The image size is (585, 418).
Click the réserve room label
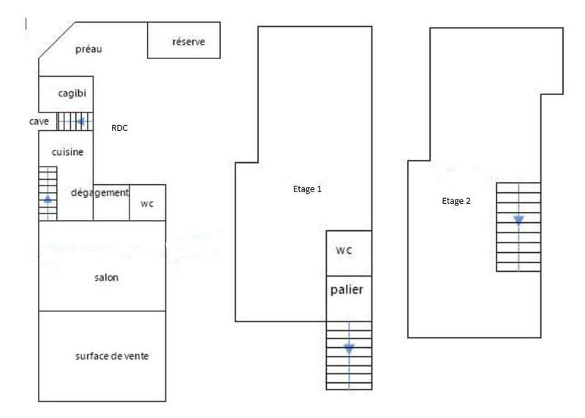188,42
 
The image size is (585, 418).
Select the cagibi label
72,93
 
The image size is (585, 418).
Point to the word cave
39,121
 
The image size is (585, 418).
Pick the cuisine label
67,152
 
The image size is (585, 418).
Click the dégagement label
99,193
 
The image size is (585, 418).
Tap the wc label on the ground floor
147,204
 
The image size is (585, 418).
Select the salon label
106,278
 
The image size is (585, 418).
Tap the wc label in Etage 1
344,250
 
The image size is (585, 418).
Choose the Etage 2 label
456,202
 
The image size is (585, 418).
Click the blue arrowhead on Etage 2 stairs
518,219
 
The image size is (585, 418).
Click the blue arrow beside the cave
81,121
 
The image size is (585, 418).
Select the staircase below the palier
349,355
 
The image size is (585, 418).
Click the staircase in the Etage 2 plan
518,227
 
